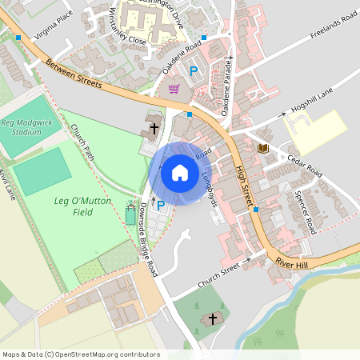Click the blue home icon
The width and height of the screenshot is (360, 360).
pyautogui.click(x=180, y=172)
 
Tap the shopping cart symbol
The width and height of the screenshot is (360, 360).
pyautogui.click(x=174, y=89)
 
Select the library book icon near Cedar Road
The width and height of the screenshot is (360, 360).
pyautogui.click(x=262, y=148)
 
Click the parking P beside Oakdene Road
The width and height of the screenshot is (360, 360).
pyautogui.click(x=194, y=71)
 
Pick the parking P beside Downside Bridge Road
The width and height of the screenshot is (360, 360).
pyautogui.click(x=161, y=206)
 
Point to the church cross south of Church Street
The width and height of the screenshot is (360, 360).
pyautogui.click(x=212, y=319)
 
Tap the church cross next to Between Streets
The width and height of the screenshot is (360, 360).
pyautogui.click(x=153, y=126)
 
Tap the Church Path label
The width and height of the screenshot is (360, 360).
pyautogui.click(x=82, y=143)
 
